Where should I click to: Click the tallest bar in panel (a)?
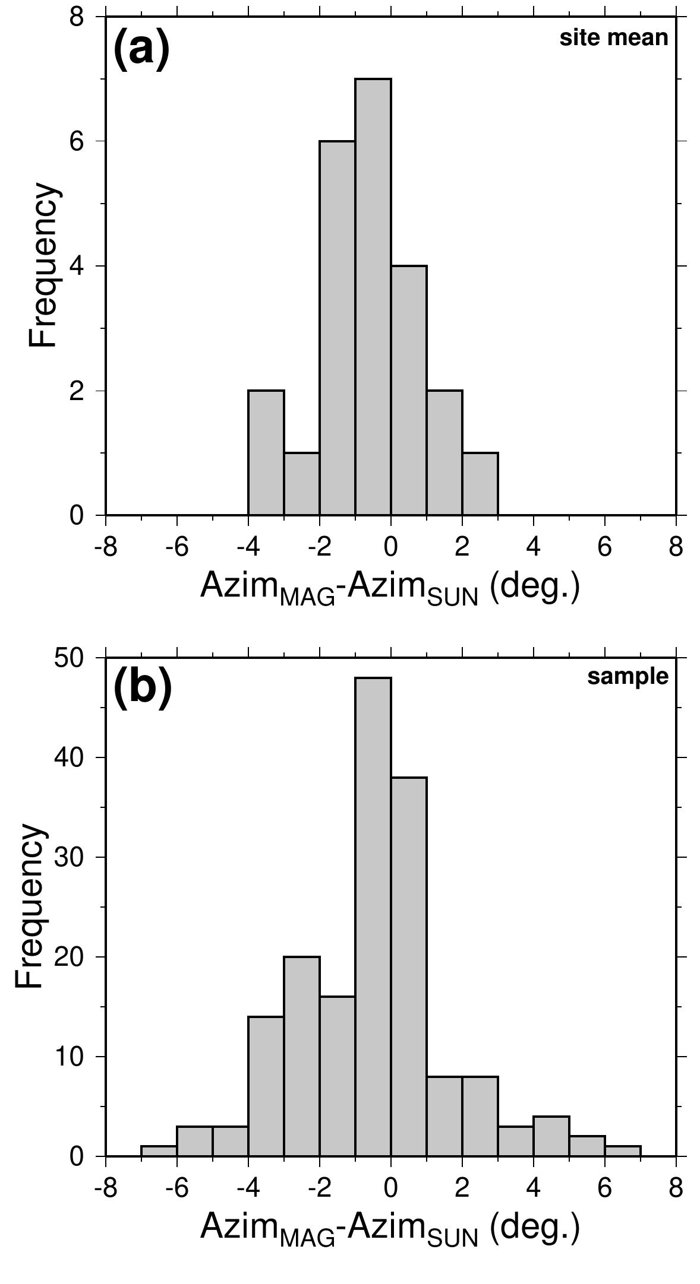[373, 297]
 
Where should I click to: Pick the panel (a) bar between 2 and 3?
[480, 484]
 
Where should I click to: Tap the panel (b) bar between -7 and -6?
[159, 1151]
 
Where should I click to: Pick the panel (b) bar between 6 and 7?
[623, 1151]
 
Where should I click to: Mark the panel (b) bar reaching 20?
[302, 1057]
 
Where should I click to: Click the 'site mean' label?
[614, 38]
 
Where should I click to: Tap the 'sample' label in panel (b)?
[628, 677]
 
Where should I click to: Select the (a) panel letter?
[141, 49]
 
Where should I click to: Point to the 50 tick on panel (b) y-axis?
[72, 658]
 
